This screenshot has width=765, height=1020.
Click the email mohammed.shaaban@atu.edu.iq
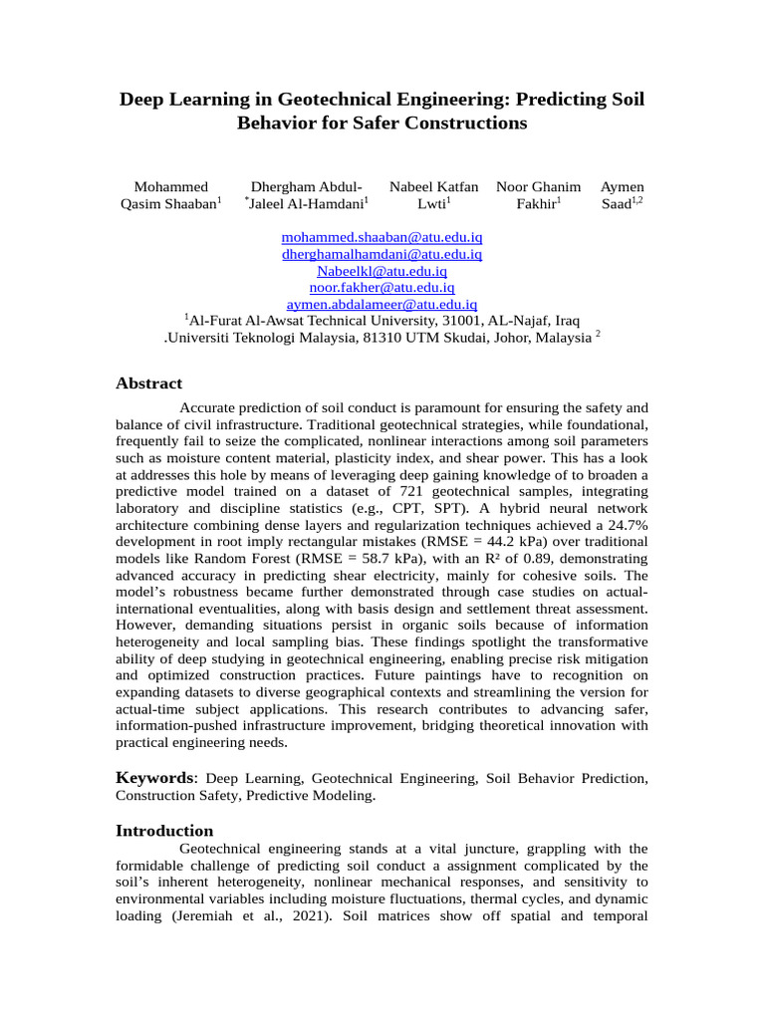[x=382, y=238]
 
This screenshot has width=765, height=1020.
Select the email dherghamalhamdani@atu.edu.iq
[x=382, y=254]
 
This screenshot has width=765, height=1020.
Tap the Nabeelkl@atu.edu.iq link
[x=382, y=271]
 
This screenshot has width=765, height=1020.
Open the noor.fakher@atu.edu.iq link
[x=382, y=287]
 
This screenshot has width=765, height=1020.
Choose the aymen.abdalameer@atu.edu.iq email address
[x=382, y=304]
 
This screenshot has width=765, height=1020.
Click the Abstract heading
[x=148, y=383]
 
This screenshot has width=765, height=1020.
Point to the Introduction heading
[x=164, y=831]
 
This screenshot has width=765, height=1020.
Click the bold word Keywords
[x=154, y=777]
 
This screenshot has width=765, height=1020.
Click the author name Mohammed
[x=170, y=186]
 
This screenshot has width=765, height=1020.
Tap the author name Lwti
[x=431, y=204]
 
